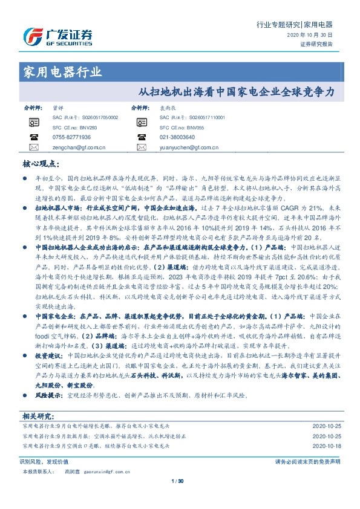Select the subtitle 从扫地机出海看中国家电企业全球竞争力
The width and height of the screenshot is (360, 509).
pos(236,94)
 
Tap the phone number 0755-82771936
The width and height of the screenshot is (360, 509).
pos(72,137)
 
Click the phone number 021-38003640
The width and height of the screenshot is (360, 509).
pos(177,137)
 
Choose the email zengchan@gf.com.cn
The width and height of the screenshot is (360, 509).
pos(79,147)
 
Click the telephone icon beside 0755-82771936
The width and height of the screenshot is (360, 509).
pos(33,137)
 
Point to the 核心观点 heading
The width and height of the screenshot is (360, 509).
pos(40,163)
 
